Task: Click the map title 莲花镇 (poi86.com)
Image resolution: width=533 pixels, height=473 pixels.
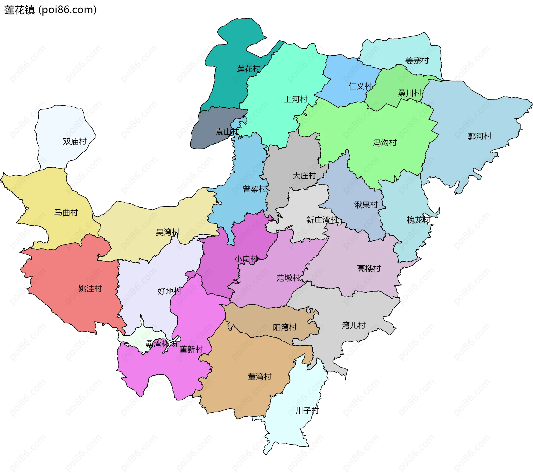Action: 50,10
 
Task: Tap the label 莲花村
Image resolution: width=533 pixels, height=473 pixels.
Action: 248,69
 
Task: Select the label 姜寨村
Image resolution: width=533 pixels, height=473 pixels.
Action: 417,60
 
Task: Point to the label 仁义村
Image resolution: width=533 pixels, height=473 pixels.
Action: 360,86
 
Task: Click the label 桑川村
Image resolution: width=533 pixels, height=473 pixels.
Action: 409,93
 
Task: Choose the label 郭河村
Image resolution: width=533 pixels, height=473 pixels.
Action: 479,136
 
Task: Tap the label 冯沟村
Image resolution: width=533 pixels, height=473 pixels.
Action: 384,143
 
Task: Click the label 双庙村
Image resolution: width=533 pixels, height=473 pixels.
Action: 75,141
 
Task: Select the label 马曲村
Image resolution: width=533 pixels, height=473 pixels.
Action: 66,213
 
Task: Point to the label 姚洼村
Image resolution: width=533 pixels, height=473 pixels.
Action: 90,289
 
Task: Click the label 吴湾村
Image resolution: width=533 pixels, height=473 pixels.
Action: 167,232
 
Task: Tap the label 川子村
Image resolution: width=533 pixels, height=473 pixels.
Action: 307,410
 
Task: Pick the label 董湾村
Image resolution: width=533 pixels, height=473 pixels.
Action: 259,377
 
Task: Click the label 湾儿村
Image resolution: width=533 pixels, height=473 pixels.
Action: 353,325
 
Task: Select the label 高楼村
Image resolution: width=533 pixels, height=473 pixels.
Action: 369,268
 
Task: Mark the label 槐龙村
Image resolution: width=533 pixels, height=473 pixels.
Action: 418,220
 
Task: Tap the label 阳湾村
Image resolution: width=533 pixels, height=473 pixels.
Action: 285,327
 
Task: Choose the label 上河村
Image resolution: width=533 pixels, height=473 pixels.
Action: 295,99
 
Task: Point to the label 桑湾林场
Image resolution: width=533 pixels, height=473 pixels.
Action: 161,344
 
